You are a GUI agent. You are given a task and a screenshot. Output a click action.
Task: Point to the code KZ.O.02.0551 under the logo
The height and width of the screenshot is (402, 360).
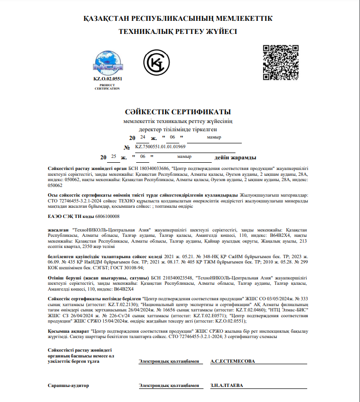pos(108,78)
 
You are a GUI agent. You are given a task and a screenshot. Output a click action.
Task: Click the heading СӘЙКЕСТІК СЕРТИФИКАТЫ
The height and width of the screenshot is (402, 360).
pos(179,112)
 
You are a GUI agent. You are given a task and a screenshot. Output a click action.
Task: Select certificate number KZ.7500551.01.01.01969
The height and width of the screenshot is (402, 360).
pos(160,146)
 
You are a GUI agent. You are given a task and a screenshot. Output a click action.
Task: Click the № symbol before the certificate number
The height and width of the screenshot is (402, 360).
pos(127,147)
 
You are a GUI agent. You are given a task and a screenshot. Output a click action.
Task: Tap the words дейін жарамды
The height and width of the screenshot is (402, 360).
pos(235,157)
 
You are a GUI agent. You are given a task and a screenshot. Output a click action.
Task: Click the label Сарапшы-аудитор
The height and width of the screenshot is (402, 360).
pos(68,386)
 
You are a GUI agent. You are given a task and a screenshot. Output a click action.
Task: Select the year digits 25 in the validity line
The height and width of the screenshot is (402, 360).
pos(113,156)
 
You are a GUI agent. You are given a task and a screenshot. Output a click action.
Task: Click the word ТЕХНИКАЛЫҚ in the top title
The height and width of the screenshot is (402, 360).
pos(145,31)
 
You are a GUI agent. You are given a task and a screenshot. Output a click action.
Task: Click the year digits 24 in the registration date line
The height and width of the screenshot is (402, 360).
pos(142,138)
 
